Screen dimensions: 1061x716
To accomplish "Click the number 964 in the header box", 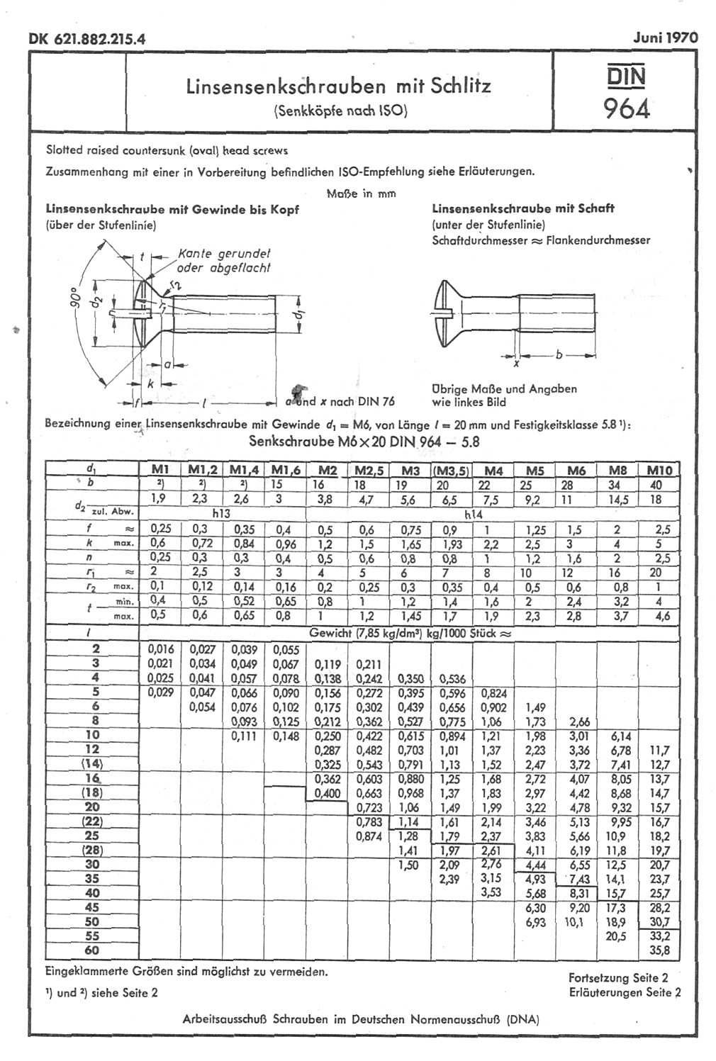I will [x=626, y=108].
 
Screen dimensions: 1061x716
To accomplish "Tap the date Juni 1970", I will [x=665, y=38].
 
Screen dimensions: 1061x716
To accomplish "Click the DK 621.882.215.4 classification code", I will [x=87, y=39].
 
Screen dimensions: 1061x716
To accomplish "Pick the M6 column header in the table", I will [x=576, y=471].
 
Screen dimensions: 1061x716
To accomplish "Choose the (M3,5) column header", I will [x=452, y=471].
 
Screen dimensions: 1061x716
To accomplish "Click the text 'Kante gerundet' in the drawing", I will [x=224, y=254].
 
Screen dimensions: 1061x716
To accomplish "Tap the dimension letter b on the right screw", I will [x=559, y=355].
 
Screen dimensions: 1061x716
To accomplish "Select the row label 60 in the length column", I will [x=92, y=950].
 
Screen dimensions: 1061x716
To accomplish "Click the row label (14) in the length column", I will [x=92, y=763].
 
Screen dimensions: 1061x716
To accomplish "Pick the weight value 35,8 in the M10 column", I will [x=659, y=950].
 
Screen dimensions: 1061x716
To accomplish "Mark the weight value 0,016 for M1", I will [x=161, y=649].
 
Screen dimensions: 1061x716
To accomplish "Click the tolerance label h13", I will [x=221, y=513].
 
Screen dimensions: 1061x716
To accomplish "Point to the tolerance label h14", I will [x=473, y=515].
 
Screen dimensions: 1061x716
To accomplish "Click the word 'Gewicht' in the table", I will [x=330, y=632].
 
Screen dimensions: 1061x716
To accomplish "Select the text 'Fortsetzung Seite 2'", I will [x=618, y=977].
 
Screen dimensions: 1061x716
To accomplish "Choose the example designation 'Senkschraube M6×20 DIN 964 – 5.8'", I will [x=364, y=442].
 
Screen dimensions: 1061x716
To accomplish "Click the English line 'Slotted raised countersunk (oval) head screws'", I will [x=167, y=150].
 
